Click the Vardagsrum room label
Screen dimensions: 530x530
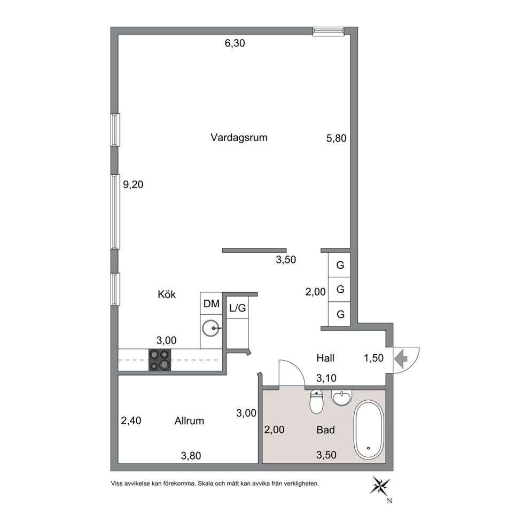(239, 137)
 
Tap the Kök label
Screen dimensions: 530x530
(167, 294)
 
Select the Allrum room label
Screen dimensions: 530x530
(189, 421)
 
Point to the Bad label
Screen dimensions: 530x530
(325, 430)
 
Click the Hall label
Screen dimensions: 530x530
(325, 358)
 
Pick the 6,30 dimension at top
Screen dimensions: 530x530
(235, 43)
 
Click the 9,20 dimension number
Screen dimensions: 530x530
(133, 184)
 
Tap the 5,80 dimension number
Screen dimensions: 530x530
(336, 138)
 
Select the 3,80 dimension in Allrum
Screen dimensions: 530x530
(191, 456)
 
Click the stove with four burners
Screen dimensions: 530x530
(160, 360)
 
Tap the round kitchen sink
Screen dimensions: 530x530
(211, 328)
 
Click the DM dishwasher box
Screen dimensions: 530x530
(211, 303)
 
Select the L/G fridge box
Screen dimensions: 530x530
(238, 308)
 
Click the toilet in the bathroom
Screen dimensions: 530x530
(316, 402)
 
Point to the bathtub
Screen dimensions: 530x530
(369, 430)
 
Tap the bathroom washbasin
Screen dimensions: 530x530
(342, 397)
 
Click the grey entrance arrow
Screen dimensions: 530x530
(401, 358)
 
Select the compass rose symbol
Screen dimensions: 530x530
(380, 486)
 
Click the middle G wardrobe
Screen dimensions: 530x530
(339, 290)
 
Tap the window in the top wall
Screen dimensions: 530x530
(329, 32)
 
